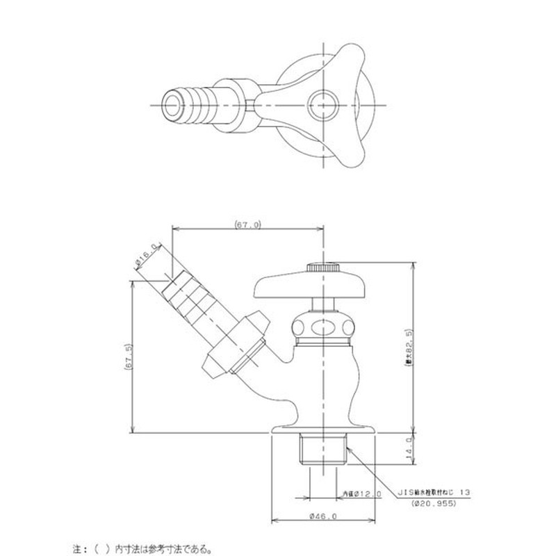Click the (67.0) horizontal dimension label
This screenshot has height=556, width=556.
point(247,225)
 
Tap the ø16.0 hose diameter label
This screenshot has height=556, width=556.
point(148,258)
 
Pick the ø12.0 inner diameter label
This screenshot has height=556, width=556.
point(362,493)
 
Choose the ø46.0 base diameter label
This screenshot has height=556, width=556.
point(324,516)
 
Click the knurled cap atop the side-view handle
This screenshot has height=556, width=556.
point(323,267)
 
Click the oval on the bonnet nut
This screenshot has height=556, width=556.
point(323,327)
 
